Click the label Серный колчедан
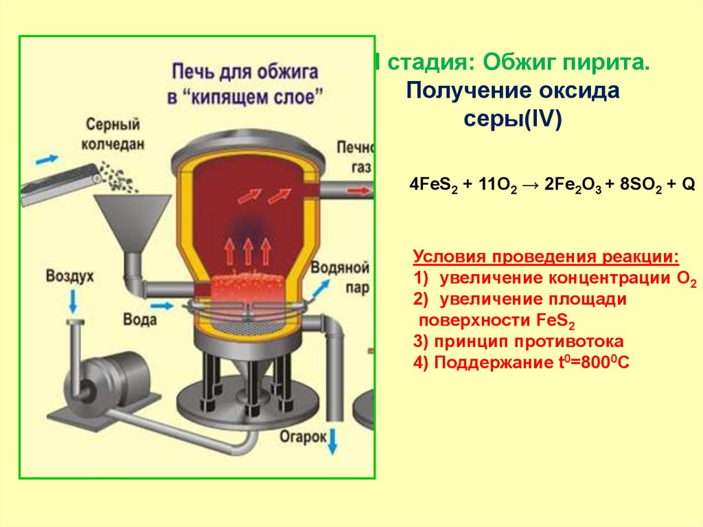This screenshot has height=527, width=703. coord(113,135)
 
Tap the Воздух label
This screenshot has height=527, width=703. coord(69,276)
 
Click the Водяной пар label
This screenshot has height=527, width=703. coord(340,277)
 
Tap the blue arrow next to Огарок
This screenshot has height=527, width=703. coord(333,440)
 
